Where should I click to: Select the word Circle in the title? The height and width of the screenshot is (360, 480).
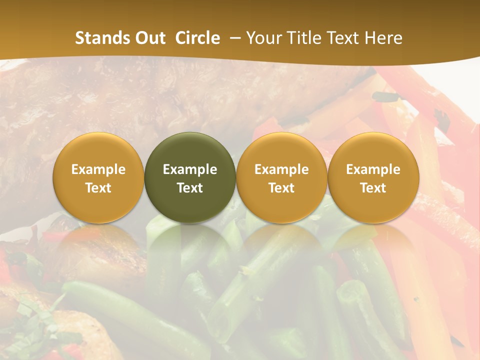tap(197, 38)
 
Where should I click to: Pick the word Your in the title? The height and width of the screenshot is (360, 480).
tap(264, 38)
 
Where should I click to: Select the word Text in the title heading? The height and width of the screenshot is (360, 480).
tap(345, 38)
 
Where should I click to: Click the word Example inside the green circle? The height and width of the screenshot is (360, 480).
tap(190, 169)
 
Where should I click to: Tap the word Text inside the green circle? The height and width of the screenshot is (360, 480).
tap(190, 188)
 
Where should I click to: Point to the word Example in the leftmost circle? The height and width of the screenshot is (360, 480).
tap(98, 169)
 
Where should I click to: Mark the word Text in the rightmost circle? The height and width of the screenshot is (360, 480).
tap(373, 188)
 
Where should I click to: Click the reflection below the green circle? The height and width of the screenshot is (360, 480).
tap(190, 245)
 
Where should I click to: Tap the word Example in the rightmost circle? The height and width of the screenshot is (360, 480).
tap(373, 169)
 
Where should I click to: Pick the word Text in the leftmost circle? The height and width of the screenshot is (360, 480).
tap(98, 188)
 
